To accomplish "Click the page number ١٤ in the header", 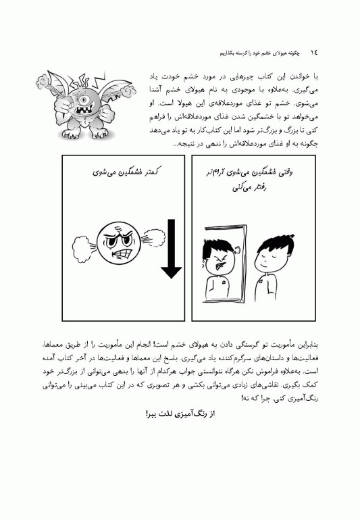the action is point(313,51).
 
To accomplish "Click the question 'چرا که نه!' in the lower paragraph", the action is point(254,399).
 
